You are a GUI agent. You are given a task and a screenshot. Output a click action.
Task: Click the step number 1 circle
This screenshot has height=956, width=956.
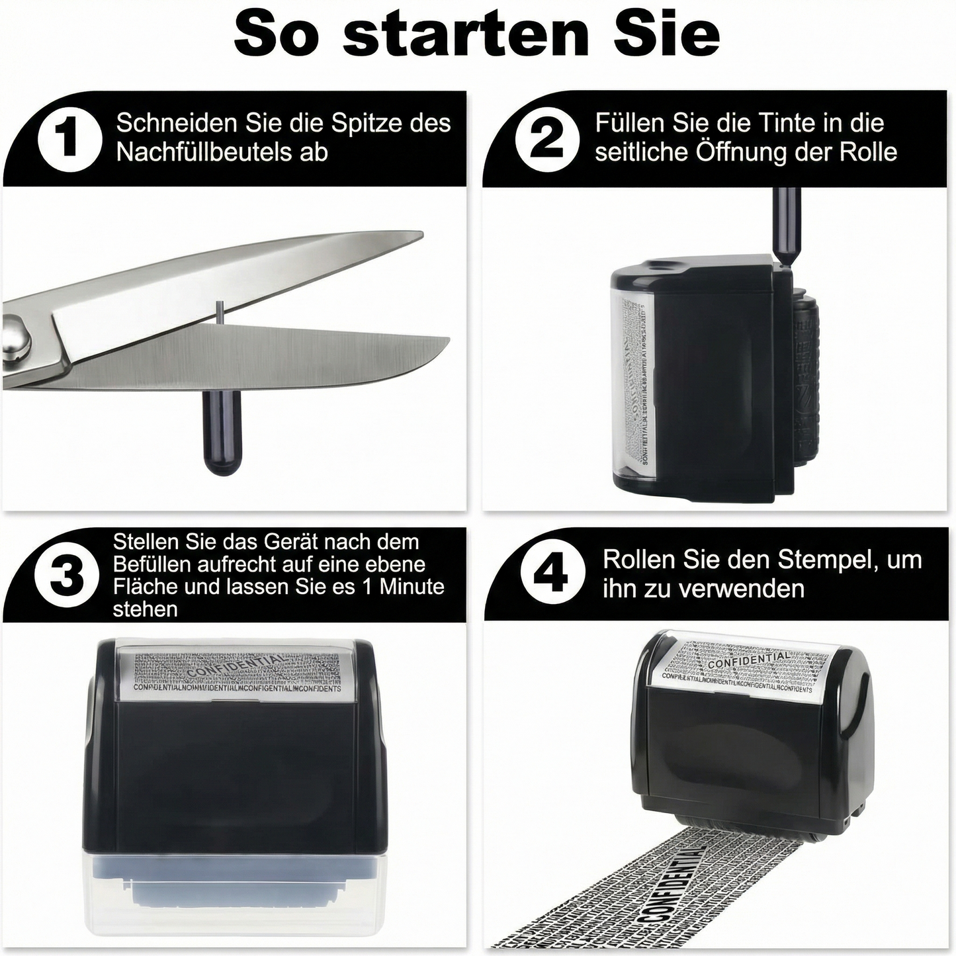(x=69, y=140)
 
